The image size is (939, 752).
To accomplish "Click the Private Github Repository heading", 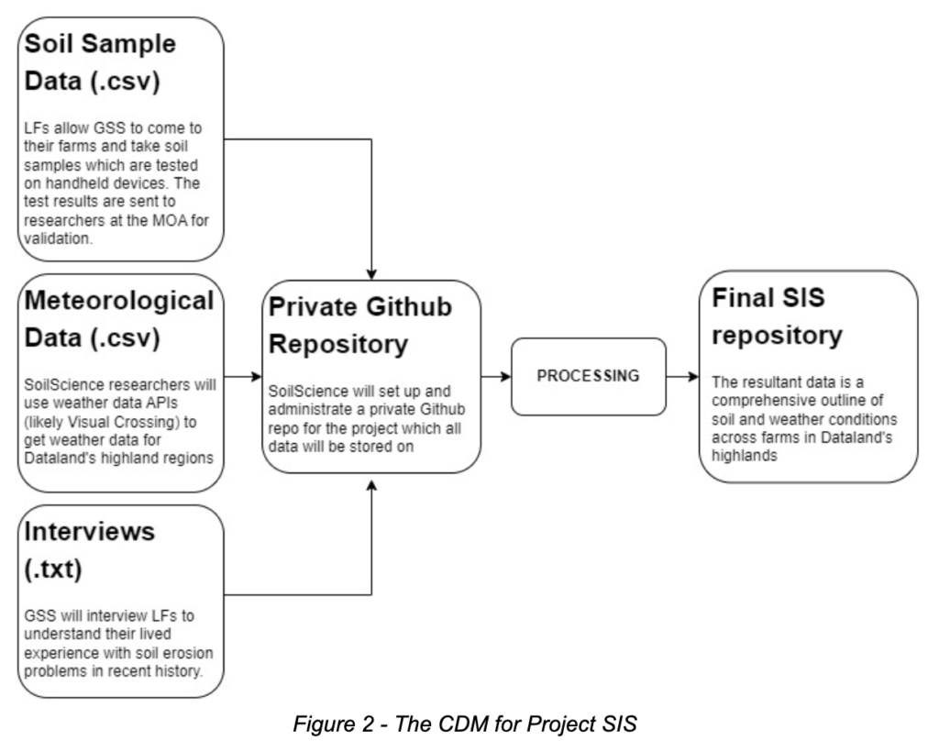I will coord(360,326).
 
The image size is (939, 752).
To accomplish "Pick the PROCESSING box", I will coord(588,377).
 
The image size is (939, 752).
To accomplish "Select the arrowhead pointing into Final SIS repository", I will coord(694,377).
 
